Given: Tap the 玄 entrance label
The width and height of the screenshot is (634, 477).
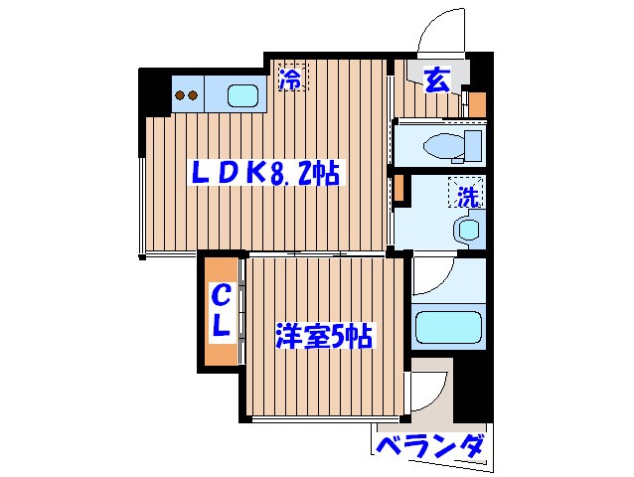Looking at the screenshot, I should [x=437, y=79].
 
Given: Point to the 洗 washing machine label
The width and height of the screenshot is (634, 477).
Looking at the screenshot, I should [x=469, y=196].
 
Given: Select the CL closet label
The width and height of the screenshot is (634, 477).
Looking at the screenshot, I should [x=223, y=309].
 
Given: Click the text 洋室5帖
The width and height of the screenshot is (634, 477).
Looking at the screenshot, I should [x=323, y=336].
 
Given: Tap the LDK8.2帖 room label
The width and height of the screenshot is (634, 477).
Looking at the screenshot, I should [x=265, y=174].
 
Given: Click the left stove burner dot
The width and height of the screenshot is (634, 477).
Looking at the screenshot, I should [x=181, y=96].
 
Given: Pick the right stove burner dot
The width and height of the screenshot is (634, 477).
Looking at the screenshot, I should [x=195, y=96].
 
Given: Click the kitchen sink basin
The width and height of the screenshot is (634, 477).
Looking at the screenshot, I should [x=242, y=96].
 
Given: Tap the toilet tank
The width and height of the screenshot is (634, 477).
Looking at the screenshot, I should [x=475, y=146].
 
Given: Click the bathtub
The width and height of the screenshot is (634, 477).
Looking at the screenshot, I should [x=446, y=327].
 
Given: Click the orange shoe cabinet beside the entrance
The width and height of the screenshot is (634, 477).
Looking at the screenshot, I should [x=476, y=102].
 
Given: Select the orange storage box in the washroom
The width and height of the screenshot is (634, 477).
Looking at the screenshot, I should [x=398, y=190].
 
